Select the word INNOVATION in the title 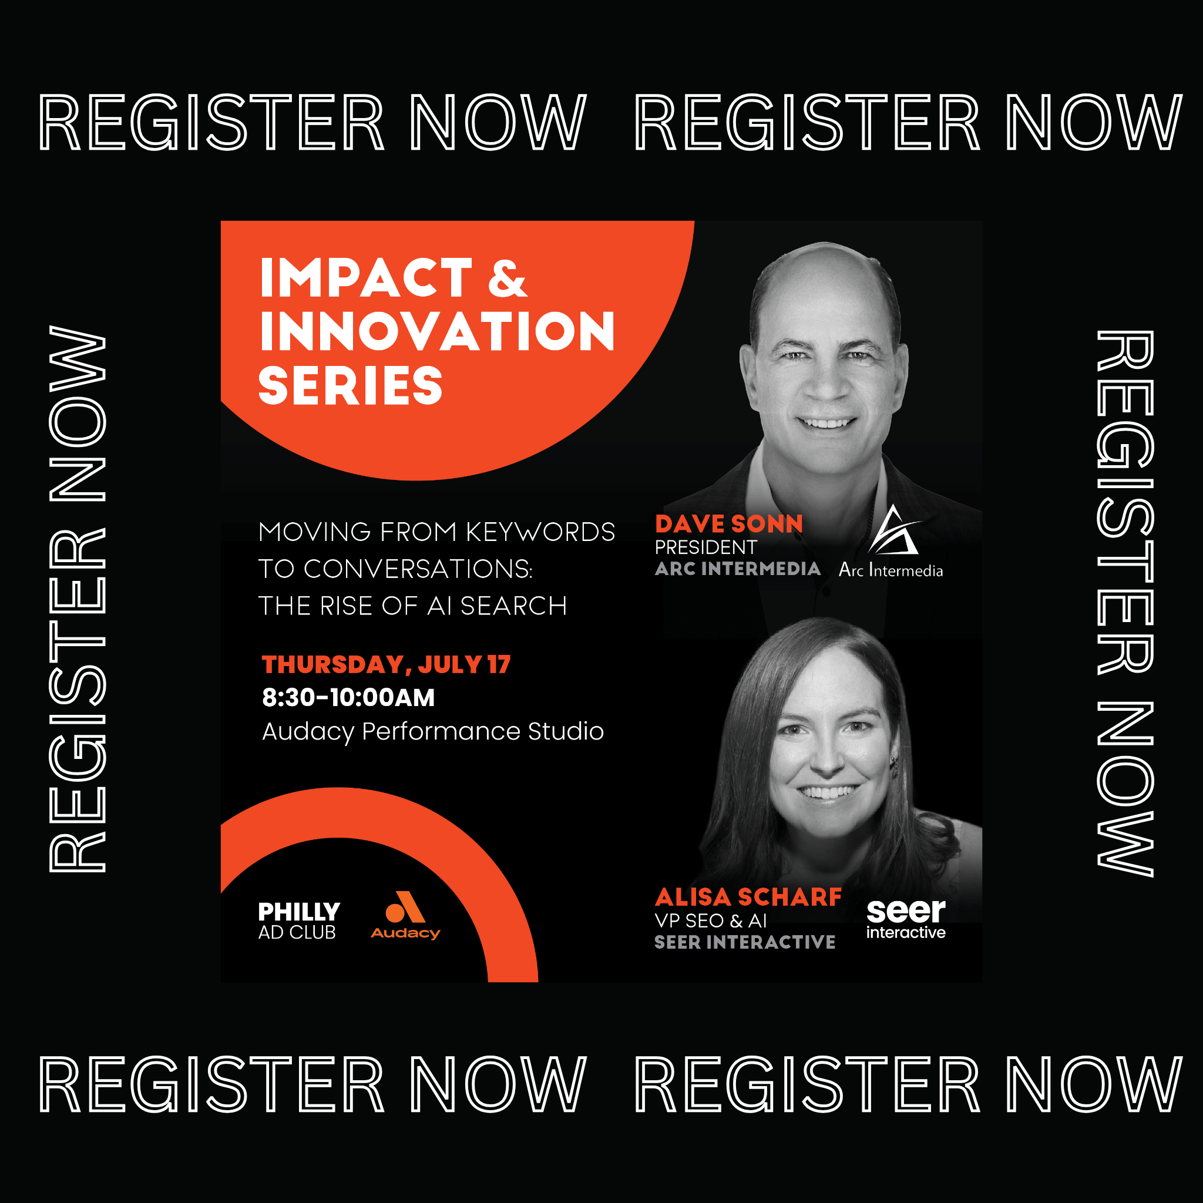[x=437, y=331]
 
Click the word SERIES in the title [x=351, y=385]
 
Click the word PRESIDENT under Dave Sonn [x=705, y=547]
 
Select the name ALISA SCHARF [x=748, y=898]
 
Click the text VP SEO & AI [x=711, y=921]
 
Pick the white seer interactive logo [x=906, y=919]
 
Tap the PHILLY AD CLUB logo [x=299, y=921]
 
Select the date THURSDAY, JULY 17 [x=386, y=664]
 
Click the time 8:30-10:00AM [x=348, y=697]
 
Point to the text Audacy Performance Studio [x=433, y=732]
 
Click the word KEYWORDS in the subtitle [x=540, y=532]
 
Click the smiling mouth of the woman [x=826, y=793]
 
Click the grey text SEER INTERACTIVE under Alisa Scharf [x=745, y=942]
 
